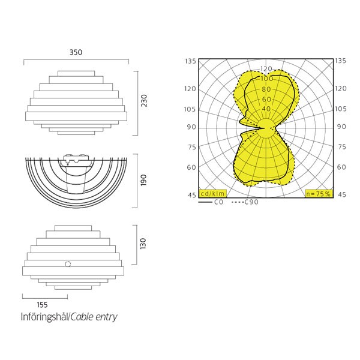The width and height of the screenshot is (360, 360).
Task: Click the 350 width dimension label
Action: coord(76,52)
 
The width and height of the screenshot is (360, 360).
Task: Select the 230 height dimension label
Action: coord(144,101)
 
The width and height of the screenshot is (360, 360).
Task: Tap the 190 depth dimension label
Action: coord(143,180)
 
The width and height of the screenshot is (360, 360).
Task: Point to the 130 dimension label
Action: coord(143,244)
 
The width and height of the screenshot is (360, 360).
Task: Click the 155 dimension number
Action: coord(42,305)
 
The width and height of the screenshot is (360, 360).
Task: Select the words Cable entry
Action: coord(94,317)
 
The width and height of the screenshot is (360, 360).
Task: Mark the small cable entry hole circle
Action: coord(68,264)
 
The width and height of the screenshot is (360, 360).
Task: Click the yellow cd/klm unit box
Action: coord(212,194)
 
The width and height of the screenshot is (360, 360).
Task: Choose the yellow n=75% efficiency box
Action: coord(319,194)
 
